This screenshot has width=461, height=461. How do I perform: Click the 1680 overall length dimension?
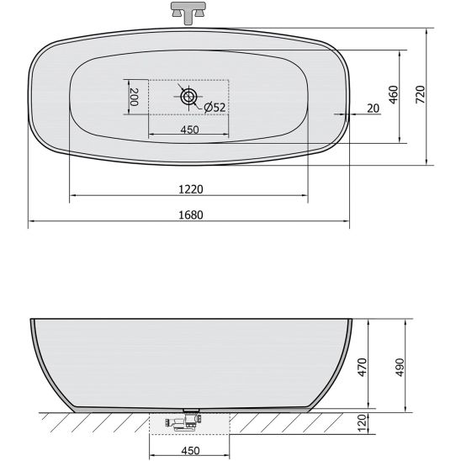tap(191, 215)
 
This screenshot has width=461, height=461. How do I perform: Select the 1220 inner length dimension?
tap(191, 189)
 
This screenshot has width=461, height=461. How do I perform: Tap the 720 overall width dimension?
tap(421, 94)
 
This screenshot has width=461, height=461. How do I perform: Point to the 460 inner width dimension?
tap(394, 95)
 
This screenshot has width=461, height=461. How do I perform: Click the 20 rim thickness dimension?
tap(374, 109)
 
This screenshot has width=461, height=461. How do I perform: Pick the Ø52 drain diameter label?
tap(215, 108)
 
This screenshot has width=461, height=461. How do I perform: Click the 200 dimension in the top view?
tap(133, 97)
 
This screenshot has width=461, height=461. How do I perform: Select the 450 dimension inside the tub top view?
tap(189, 130)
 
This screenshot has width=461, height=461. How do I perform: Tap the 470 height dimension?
tap(363, 367)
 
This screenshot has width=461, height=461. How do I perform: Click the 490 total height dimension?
tap(400, 367)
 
